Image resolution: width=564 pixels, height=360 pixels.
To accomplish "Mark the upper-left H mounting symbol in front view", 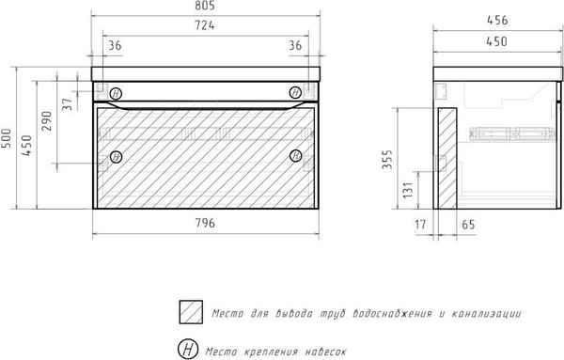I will click(116, 93).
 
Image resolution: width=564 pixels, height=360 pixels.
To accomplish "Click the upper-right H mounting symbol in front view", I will click(295, 92).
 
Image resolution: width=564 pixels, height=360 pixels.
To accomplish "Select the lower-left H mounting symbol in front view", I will click(116, 156).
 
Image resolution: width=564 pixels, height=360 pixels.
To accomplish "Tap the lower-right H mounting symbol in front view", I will click(295, 156).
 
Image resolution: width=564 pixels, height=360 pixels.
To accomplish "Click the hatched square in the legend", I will click(190, 312).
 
